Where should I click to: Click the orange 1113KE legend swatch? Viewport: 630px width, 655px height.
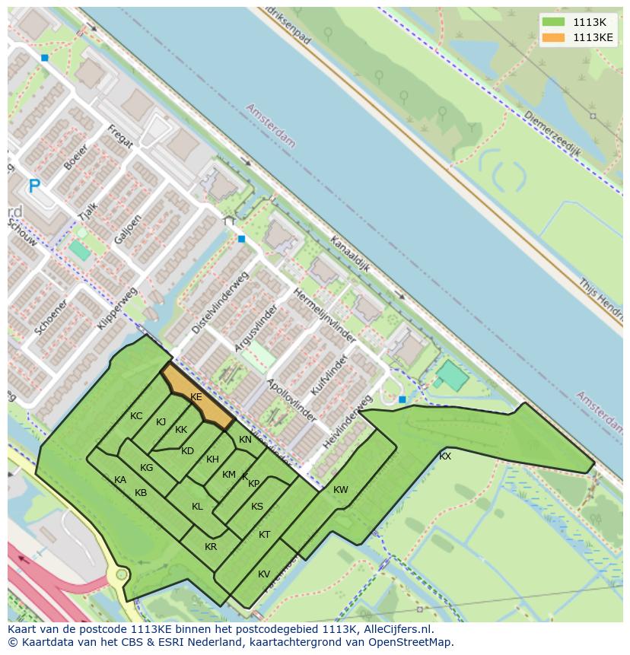coord(553,37)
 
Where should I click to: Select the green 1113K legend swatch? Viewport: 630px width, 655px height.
coord(553,22)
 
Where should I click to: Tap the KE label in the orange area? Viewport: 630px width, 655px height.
coord(196,397)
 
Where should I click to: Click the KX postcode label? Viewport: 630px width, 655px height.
coord(445,456)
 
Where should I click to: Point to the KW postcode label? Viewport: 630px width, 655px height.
coord(340,490)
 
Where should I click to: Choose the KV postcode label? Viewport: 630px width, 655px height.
coord(264,574)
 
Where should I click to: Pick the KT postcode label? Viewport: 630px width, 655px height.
coord(264,535)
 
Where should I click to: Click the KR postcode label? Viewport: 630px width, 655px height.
coord(211,547)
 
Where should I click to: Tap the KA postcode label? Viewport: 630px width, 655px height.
coord(120,480)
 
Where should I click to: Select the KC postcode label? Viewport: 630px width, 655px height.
coord(136,416)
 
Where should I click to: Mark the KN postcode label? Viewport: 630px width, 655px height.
coord(245,440)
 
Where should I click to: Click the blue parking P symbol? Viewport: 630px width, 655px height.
coord(33,186)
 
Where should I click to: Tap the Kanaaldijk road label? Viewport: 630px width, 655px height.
coord(349,253)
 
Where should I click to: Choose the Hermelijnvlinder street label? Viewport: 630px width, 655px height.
coord(325,314)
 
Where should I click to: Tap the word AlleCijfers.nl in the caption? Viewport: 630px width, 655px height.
coord(396,629)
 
